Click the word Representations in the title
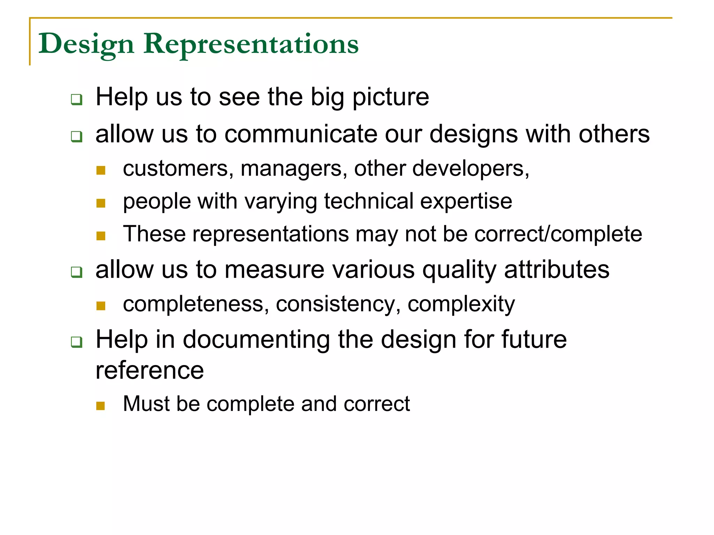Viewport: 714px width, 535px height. coord(251,44)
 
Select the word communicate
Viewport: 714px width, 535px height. coord(301,134)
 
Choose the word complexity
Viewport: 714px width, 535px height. coord(461,304)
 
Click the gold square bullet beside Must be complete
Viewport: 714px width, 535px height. coord(101,406)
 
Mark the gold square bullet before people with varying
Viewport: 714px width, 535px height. coord(101,203)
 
